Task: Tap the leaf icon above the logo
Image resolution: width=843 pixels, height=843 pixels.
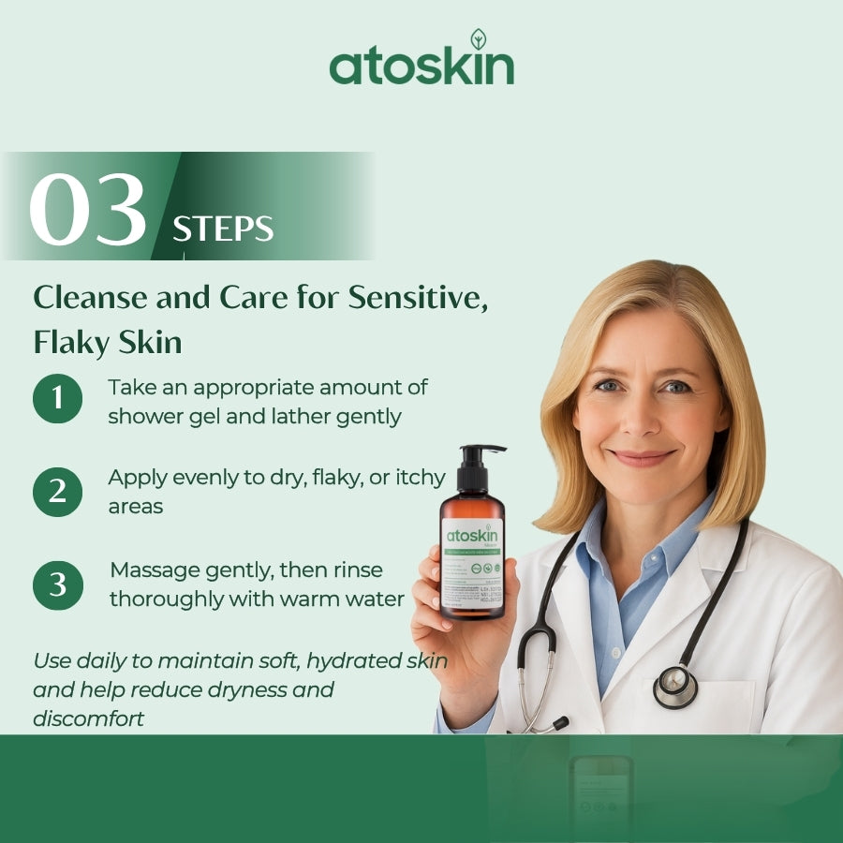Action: (x=478, y=38)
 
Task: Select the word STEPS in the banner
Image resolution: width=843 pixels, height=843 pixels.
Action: (x=223, y=229)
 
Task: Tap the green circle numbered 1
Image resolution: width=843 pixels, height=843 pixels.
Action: (x=57, y=398)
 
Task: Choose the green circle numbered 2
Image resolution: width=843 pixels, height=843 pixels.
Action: (x=57, y=491)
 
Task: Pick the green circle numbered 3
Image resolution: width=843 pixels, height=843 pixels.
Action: (x=57, y=584)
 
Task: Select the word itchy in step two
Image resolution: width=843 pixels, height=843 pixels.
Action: (x=420, y=477)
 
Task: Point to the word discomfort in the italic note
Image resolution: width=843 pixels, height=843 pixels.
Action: (x=89, y=719)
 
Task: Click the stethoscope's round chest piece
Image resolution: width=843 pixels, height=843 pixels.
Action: (x=675, y=687)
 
